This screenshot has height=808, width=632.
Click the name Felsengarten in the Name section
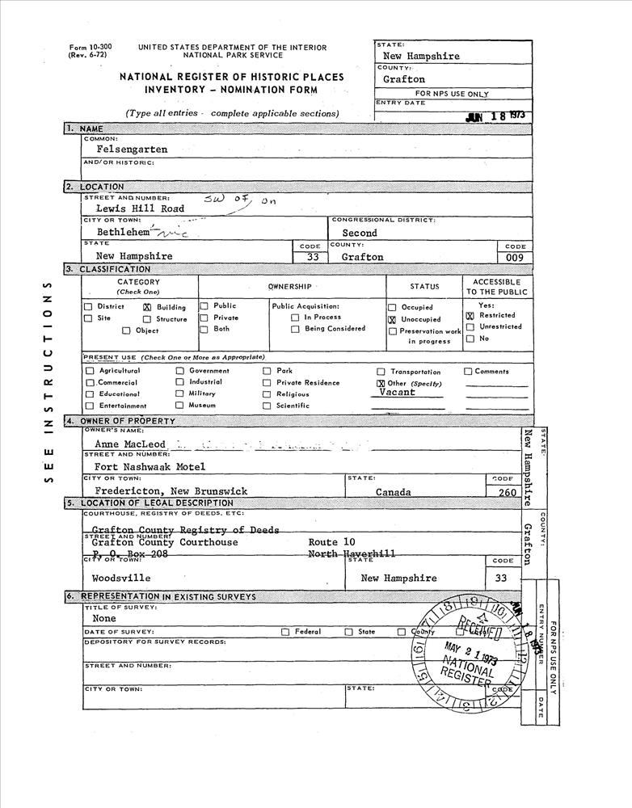tap(132, 149)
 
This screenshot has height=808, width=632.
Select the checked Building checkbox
tap(147, 307)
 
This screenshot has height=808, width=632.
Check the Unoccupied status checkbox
tap(392, 319)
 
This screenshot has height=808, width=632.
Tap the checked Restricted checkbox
tap(470, 315)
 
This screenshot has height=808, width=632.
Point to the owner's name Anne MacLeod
tap(129, 444)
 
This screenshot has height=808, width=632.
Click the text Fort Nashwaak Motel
tap(150, 466)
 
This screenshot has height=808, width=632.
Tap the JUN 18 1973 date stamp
tap(496, 116)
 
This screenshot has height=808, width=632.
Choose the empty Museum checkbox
tap(179, 405)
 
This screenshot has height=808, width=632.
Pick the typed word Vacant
tap(397, 392)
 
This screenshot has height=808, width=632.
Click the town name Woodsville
tap(121, 579)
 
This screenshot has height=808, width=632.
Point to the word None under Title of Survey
tap(104, 618)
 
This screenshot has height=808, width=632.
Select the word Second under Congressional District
tap(359, 233)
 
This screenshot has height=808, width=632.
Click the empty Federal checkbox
tap(285, 632)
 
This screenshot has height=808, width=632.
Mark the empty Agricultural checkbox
tap(91, 371)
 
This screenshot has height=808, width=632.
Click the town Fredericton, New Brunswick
tap(171, 490)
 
